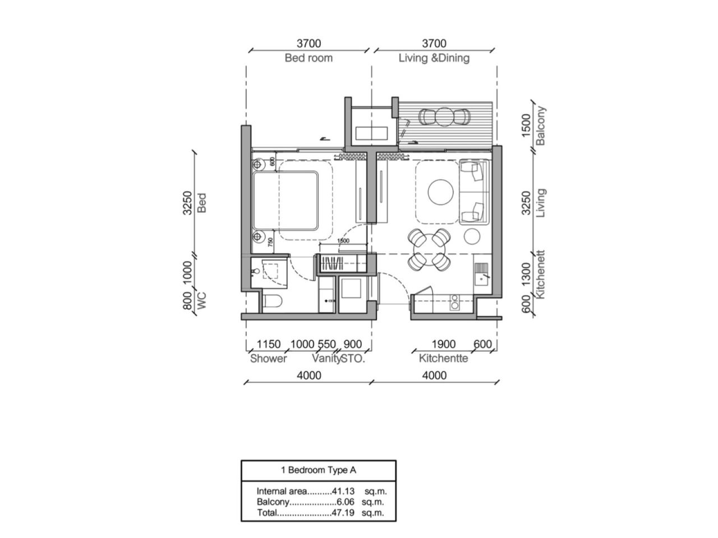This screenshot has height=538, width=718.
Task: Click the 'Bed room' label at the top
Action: click(308, 58)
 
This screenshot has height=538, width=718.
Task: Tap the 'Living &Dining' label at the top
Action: click(434, 58)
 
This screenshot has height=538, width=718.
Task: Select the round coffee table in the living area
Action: click(440, 192)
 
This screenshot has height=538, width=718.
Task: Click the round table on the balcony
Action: click(444, 117)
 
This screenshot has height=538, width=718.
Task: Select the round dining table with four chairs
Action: click(429, 248)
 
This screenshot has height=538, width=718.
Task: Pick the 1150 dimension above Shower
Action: click(268, 344)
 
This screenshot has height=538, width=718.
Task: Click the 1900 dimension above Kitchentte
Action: click(443, 344)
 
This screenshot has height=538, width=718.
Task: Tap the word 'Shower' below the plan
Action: click(268, 359)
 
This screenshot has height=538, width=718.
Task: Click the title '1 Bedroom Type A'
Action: click(318, 470)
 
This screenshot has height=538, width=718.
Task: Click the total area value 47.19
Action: click(343, 513)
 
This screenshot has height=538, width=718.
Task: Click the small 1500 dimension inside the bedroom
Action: click(343, 241)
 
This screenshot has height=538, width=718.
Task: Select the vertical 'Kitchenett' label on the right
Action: click(541, 275)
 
